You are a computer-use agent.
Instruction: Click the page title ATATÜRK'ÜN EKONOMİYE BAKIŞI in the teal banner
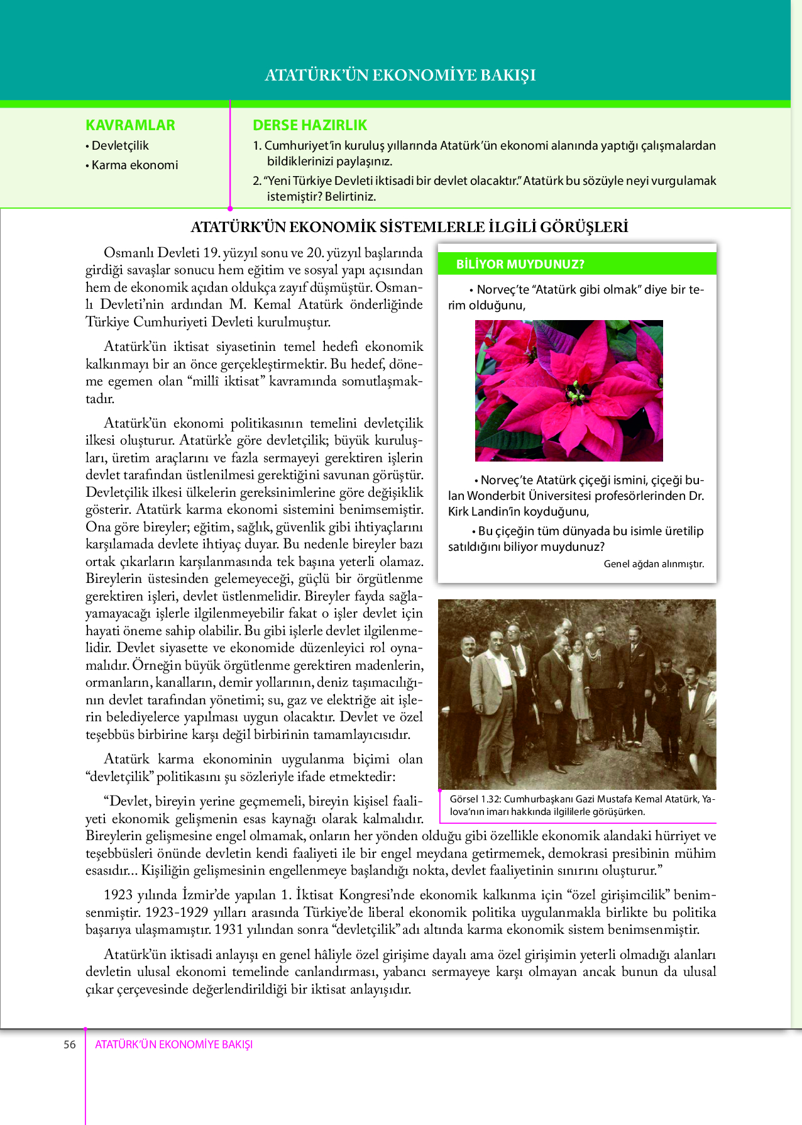400,75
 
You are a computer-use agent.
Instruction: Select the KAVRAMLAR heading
130,125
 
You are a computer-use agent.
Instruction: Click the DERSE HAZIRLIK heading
310,125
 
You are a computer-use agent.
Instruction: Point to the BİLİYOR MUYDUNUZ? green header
520,264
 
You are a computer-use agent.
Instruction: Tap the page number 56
69,1045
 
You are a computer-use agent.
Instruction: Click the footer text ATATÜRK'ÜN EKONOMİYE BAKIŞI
173,1045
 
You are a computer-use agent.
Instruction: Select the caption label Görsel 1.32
475,799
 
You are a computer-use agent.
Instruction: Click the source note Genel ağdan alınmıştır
654,564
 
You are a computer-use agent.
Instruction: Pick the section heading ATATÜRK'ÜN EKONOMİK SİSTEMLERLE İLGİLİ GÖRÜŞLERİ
409,227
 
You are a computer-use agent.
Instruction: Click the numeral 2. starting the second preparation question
257,181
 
